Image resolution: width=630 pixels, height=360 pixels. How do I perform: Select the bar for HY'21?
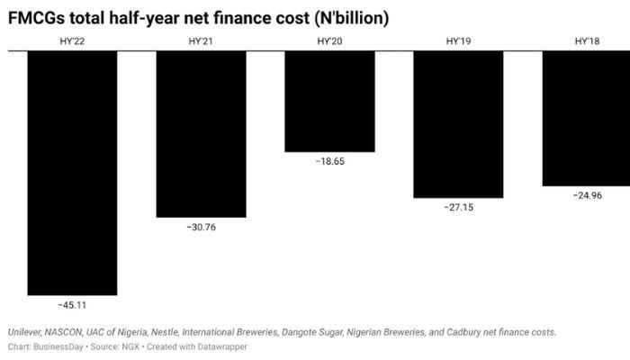tap(201, 134)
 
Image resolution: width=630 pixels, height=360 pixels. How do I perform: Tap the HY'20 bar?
tap(329, 102)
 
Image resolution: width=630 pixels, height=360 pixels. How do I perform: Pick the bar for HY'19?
tap(458, 124)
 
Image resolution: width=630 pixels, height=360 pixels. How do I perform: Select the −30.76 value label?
tap(201, 227)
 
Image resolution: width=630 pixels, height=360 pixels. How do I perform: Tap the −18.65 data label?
tap(329, 162)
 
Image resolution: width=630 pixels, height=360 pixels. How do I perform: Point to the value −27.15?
tap(458, 207)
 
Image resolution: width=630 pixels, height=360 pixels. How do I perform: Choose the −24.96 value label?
tap(587, 195)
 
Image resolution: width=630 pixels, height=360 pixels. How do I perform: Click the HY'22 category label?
tap(72, 41)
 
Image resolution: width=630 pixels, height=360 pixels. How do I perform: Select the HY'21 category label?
tap(201, 41)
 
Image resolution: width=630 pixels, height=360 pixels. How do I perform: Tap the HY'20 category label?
tap(329, 41)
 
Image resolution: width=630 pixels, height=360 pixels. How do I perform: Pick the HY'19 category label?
tap(458, 41)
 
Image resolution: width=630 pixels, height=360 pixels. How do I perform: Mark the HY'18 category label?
tap(587, 41)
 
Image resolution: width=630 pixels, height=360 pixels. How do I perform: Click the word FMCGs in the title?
tap(37, 18)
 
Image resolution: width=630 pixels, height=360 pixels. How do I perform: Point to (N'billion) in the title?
tap(346, 18)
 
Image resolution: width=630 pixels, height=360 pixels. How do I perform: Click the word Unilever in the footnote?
tap(27, 332)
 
